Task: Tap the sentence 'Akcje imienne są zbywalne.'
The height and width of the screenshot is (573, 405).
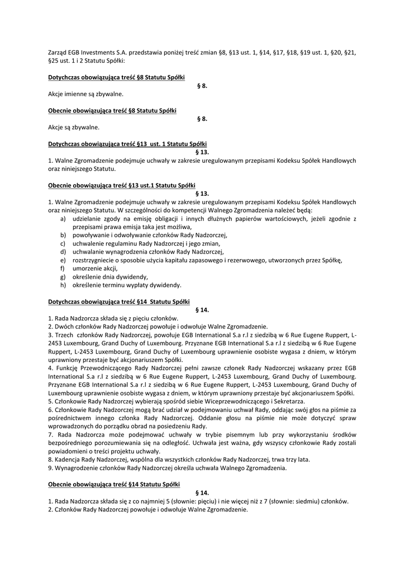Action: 85,94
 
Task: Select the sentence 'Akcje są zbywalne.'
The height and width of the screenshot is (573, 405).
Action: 74,127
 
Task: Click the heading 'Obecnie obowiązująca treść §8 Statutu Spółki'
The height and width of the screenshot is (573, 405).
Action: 112,111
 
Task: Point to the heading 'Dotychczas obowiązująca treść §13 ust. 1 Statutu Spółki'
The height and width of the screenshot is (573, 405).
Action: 127,144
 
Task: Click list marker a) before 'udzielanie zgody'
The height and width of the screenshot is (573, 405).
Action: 63,218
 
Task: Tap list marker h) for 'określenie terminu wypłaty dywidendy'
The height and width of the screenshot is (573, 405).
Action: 63,285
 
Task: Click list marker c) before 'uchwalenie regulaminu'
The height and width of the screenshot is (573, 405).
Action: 63,243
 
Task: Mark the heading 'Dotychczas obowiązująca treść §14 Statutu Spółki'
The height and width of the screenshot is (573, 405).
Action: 119,302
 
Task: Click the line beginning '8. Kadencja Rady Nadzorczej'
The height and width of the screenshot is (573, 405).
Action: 179,459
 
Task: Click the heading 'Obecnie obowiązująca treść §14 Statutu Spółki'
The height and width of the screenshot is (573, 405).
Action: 114,485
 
